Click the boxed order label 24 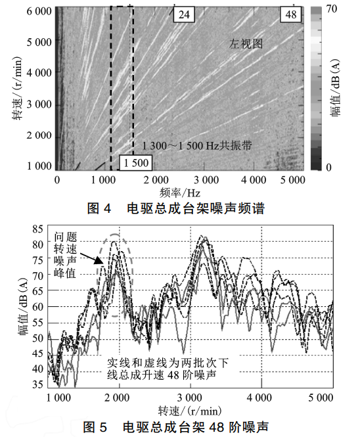click(184, 14)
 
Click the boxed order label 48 click(290, 14)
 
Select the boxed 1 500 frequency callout click(136, 163)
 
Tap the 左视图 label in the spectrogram click(246, 44)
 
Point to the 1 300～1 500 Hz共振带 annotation click(197, 145)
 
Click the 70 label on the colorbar click(332, 9)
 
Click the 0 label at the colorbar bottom click(328, 167)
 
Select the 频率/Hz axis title click(180, 193)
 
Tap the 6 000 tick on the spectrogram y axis click(39, 11)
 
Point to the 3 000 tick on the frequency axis click(206, 180)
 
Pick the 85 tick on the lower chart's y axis click(38, 229)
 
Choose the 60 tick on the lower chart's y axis click(38, 307)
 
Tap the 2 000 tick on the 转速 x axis click(117, 398)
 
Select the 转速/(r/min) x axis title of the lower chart click(190, 411)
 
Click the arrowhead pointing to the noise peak click(98, 260)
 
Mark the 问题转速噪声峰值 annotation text click(65, 255)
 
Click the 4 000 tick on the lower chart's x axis click(259, 398)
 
